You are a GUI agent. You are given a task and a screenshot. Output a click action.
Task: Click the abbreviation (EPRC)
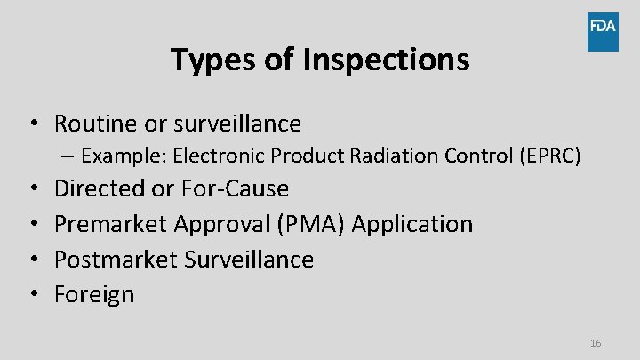coord(551,156)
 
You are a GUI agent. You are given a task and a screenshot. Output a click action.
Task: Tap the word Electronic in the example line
coord(219,156)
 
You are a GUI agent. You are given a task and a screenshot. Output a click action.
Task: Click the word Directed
coord(100,188)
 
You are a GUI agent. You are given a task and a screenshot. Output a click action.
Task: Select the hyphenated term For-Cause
coord(235,188)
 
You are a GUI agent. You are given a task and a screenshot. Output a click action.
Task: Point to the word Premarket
coord(111,224)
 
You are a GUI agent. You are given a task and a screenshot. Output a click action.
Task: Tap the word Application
coord(412,224)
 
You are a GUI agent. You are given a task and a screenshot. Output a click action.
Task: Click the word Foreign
coord(94,294)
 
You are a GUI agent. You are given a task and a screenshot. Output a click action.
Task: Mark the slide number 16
coord(596,343)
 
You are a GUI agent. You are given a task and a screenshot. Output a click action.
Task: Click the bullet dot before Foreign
coord(32,294)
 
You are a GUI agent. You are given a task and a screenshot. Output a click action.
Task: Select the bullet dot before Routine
coord(32,124)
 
